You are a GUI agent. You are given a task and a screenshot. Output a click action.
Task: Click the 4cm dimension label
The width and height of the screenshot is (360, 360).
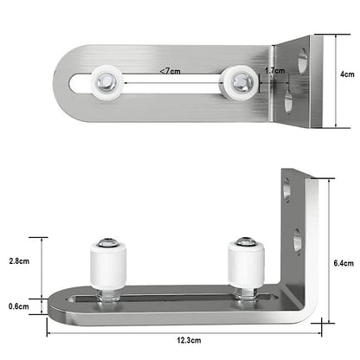pos(346,74)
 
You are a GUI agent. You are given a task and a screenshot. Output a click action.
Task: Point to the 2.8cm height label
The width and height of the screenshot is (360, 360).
pos(18,260)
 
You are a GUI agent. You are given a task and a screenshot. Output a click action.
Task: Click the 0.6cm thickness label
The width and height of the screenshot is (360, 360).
pos(18,305)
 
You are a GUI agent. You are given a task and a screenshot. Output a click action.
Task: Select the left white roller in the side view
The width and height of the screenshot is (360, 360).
pos(109,267)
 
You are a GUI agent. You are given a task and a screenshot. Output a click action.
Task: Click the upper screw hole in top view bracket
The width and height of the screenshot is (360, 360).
pos(300,61)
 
